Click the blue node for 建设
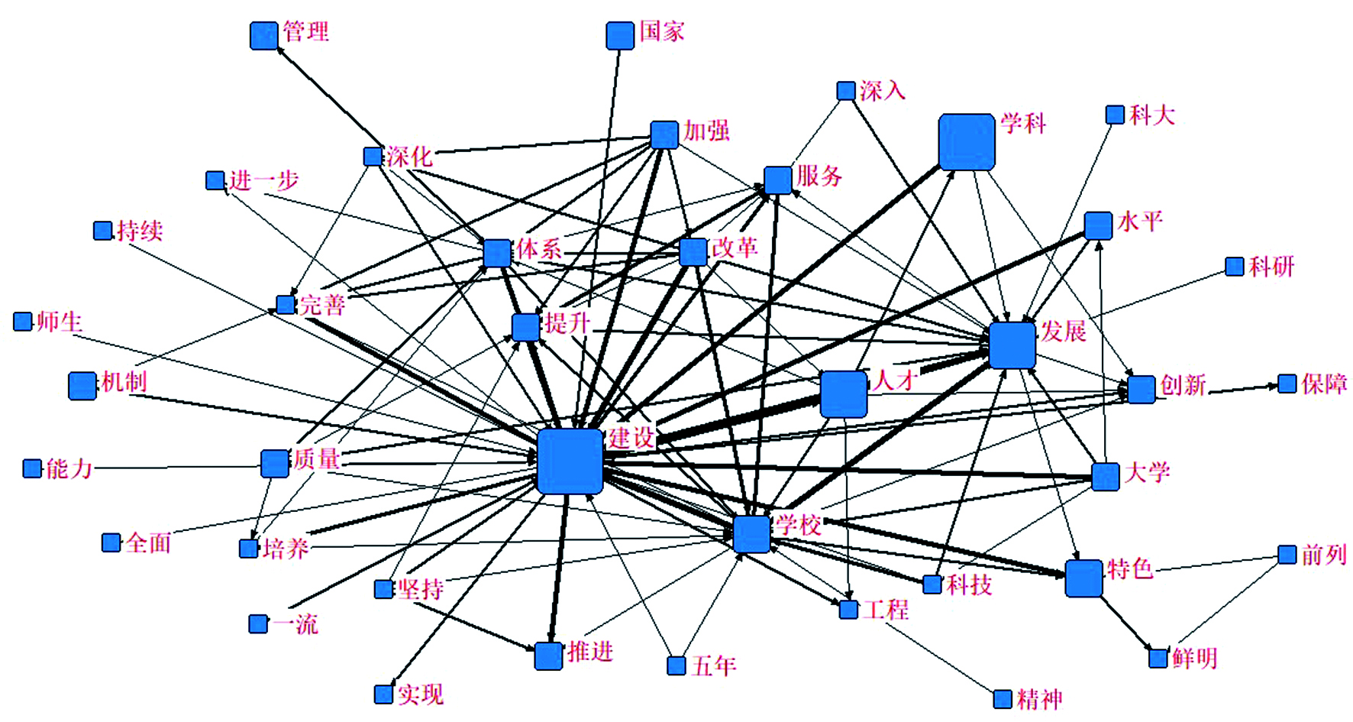570,461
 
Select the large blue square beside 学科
966,141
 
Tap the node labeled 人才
843,394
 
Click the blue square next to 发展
1012,345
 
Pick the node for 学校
751,533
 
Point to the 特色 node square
1083,578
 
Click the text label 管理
306,31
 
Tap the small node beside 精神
1003,699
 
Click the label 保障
1324,384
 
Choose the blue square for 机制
82,386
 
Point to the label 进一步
263,181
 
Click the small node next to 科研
1234,266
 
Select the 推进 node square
548,656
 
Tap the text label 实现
420,694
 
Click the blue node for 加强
664,134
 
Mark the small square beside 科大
1115,115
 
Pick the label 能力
69,468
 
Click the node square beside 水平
1098,225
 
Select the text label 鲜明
1195,658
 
